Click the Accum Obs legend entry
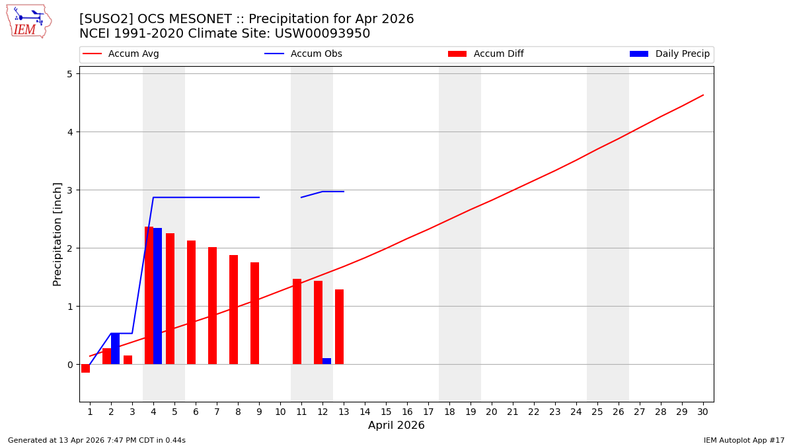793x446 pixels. pyautogui.click(x=316, y=54)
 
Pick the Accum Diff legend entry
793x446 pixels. pyautogui.click(x=498, y=54)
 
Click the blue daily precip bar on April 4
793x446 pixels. pyautogui.click(x=157, y=296)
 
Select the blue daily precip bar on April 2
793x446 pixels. pyautogui.click(x=115, y=349)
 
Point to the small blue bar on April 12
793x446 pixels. pyautogui.click(x=326, y=361)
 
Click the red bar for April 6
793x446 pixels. pyautogui.click(x=191, y=303)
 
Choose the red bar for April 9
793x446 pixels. pyautogui.click(x=254, y=313)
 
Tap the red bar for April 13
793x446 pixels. pyautogui.click(x=339, y=327)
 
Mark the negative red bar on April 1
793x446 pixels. pyautogui.click(x=85, y=369)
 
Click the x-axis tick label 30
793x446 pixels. pyautogui.click(x=703, y=412)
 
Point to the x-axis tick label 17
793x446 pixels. pyautogui.click(x=428, y=412)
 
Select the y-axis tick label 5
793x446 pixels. pyautogui.click(x=69, y=73)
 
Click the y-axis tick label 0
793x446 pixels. pyautogui.click(x=69, y=365)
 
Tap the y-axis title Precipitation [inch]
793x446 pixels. pyautogui.click(x=57, y=234)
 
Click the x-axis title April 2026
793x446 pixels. pyautogui.click(x=397, y=426)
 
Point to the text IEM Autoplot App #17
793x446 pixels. pyautogui.click(x=743, y=440)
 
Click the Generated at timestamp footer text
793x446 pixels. pyautogui.click(x=96, y=440)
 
